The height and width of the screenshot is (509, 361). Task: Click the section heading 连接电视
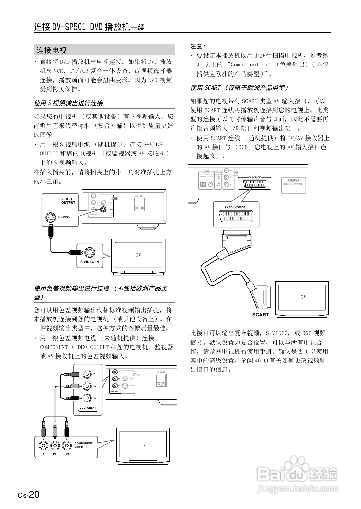coord(52,50)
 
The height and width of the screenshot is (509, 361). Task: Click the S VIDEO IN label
coord(89,262)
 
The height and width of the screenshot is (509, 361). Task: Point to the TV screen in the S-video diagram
coord(138,255)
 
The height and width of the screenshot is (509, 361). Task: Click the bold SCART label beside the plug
coord(260,315)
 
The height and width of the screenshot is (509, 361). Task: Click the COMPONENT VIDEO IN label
coord(83,445)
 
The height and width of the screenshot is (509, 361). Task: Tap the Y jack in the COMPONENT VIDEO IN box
coord(43,445)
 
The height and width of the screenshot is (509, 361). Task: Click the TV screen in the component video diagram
coord(143,445)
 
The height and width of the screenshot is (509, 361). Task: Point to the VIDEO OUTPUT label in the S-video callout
coord(68,201)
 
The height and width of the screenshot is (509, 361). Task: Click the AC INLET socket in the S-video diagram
coord(139,204)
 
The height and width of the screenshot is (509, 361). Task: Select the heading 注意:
coord(198,46)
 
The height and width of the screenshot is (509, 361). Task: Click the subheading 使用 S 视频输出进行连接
coord(69,103)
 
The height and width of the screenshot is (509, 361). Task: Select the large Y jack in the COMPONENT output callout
coord(87,374)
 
